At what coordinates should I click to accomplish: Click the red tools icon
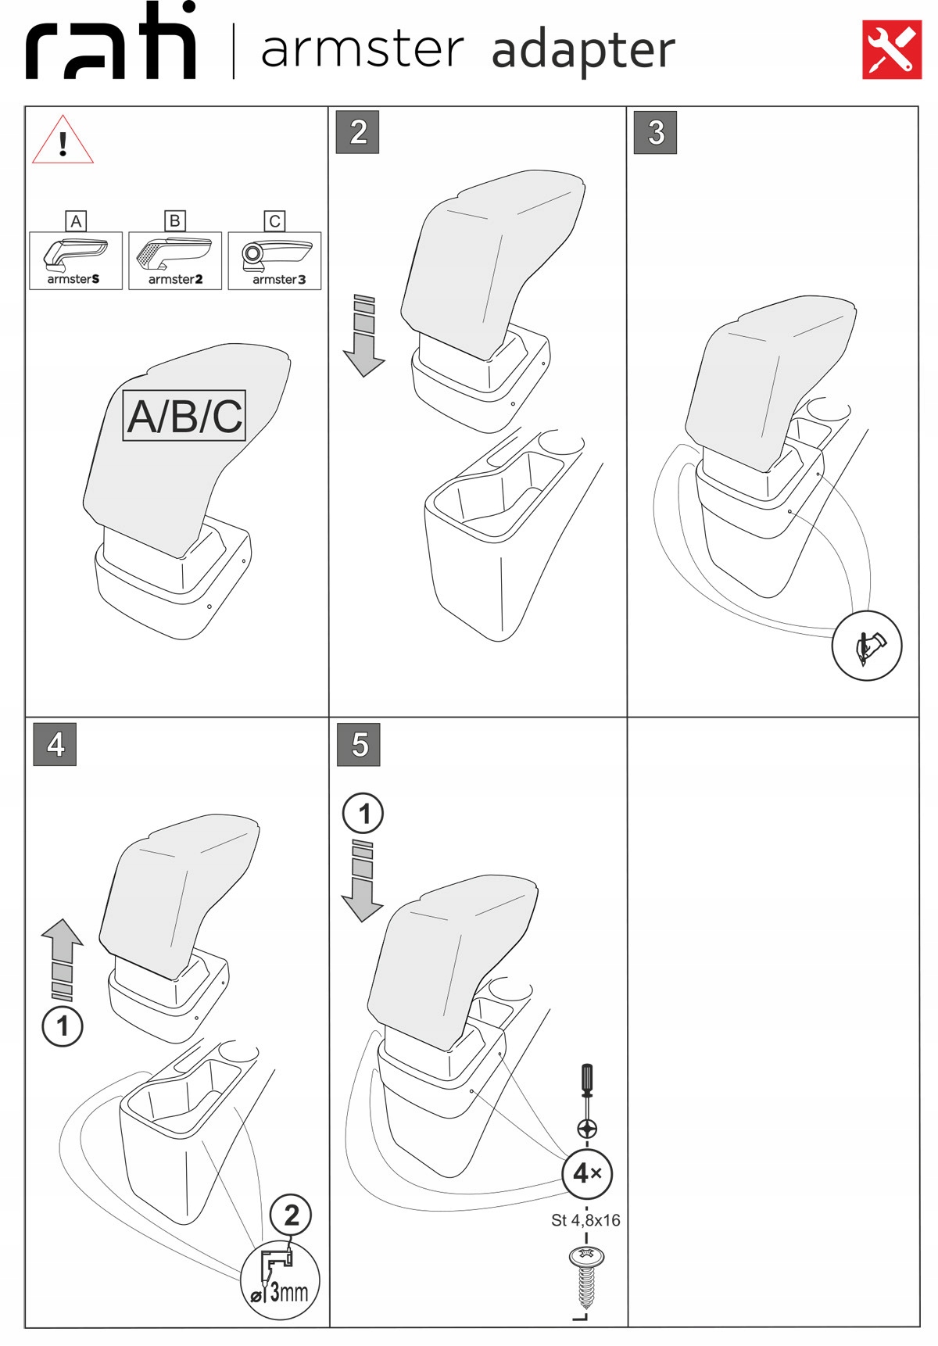[891, 49]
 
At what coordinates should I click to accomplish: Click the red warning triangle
[63, 141]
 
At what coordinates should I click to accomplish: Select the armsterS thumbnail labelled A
[76, 260]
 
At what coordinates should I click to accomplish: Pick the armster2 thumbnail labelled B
[175, 260]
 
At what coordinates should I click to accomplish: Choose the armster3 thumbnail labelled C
[274, 260]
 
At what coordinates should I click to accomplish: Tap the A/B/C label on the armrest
[184, 416]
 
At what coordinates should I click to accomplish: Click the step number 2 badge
[358, 132]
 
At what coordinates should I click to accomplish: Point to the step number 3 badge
[655, 132]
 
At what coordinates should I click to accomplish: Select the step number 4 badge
[55, 743]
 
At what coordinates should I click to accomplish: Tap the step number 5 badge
[359, 744]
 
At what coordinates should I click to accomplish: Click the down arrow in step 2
[363, 337]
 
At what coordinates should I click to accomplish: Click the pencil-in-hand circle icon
[867, 646]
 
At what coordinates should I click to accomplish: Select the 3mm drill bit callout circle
[280, 1279]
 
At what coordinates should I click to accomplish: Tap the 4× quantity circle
[587, 1173]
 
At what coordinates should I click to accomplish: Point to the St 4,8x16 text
[585, 1220]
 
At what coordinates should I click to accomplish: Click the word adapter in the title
[583, 51]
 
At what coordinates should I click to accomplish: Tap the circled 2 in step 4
[291, 1215]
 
